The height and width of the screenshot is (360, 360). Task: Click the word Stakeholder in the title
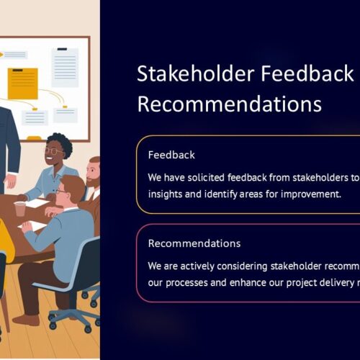point(195,73)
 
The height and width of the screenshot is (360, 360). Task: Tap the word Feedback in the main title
point(307,73)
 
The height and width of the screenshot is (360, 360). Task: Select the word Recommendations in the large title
point(230,104)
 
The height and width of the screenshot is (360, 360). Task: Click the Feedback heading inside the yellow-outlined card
point(171,155)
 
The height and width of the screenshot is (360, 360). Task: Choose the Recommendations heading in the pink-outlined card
point(194,243)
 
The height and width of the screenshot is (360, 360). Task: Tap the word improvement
point(311,194)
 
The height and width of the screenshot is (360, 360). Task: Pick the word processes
point(186,283)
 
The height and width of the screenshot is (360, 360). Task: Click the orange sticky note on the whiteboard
point(23,84)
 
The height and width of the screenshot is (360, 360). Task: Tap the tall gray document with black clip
point(65,68)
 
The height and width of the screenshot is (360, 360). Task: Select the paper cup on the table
point(20,209)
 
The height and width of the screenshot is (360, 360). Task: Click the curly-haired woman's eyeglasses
point(54,151)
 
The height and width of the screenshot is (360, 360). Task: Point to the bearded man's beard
point(93,181)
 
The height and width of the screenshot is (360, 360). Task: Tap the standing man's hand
point(11,180)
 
